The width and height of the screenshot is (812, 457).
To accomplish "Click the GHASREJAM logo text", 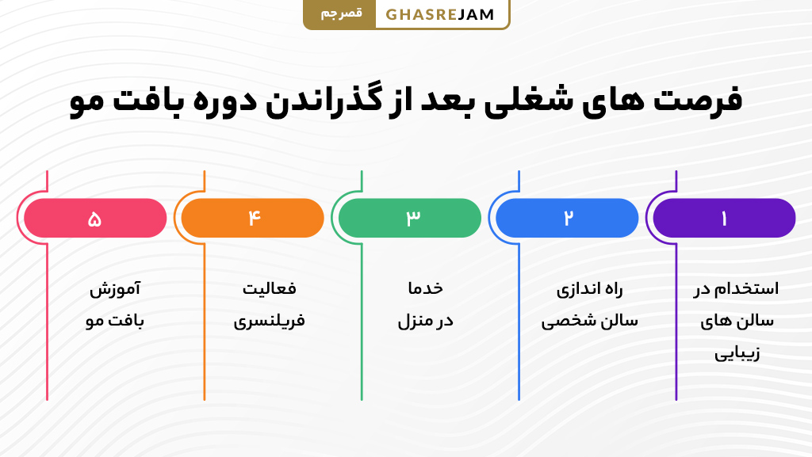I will click(440, 14).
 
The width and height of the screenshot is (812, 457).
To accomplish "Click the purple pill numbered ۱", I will click(723, 219).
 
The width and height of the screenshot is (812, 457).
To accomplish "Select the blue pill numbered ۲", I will click(567, 219).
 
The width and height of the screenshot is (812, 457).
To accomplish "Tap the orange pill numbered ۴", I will click(253, 219).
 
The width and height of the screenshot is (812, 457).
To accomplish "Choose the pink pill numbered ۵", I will click(95, 219).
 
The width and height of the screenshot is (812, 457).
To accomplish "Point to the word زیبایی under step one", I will click(737, 353).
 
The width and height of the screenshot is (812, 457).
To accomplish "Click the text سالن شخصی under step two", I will click(589, 322).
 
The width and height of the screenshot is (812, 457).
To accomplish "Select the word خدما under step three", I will click(425, 289).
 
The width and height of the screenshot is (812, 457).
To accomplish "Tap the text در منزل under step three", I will click(425, 322).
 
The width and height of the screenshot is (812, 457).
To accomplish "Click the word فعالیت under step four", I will click(269, 289).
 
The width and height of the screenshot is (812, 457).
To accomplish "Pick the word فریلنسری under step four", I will click(269, 322).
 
